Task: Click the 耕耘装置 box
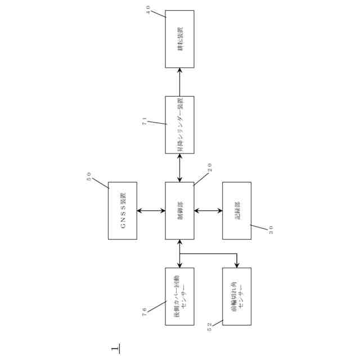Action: coord(179,39)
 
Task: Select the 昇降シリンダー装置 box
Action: coord(179,124)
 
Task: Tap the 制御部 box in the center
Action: coord(179,210)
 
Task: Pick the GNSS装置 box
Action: coord(122,210)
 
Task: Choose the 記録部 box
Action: coord(237,210)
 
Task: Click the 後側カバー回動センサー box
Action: coord(179,296)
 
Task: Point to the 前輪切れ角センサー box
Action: coord(237,296)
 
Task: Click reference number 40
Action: coord(148,10)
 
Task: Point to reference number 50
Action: coord(89,176)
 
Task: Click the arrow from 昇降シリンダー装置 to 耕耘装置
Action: coord(179,82)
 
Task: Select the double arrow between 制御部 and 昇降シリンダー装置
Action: coord(179,168)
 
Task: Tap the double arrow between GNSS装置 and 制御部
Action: coord(151,211)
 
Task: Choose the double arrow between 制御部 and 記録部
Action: coord(208,211)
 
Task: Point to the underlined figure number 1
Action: coord(115,349)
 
